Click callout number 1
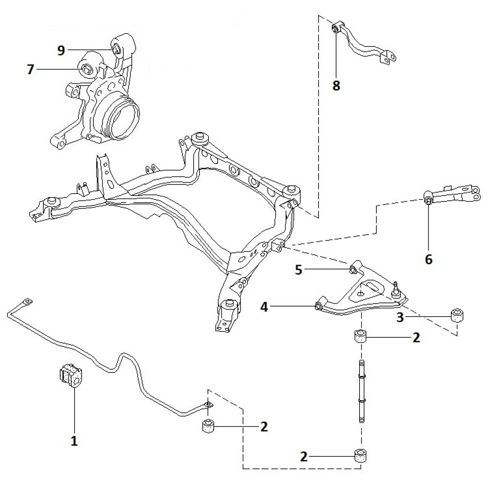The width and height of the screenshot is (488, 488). [74, 441]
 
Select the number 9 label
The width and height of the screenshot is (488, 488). [61, 50]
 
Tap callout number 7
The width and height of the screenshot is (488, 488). [31, 70]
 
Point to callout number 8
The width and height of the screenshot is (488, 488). [336, 86]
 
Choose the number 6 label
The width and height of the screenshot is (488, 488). [428, 259]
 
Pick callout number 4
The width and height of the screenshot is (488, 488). [264, 307]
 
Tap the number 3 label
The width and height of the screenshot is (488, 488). [400, 318]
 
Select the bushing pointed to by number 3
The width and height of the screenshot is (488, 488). [457, 315]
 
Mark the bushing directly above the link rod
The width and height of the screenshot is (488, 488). [360, 337]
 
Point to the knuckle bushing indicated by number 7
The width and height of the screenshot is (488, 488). [86, 69]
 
